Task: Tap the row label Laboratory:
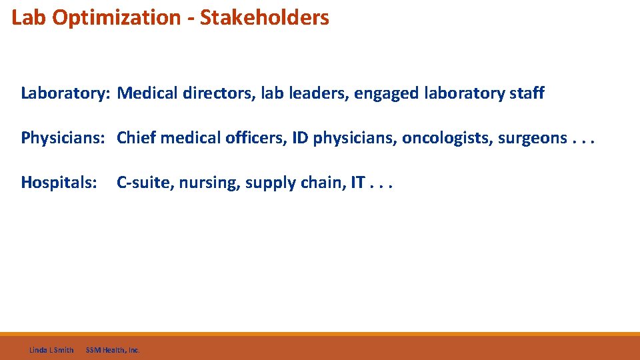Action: (65, 93)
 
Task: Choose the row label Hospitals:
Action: (59, 183)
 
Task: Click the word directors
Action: (209, 93)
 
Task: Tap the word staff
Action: (527, 93)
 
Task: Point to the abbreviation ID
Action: (300, 138)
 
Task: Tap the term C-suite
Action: (143, 183)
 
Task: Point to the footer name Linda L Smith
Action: (51, 350)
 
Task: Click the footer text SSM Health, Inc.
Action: (113, 350)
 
